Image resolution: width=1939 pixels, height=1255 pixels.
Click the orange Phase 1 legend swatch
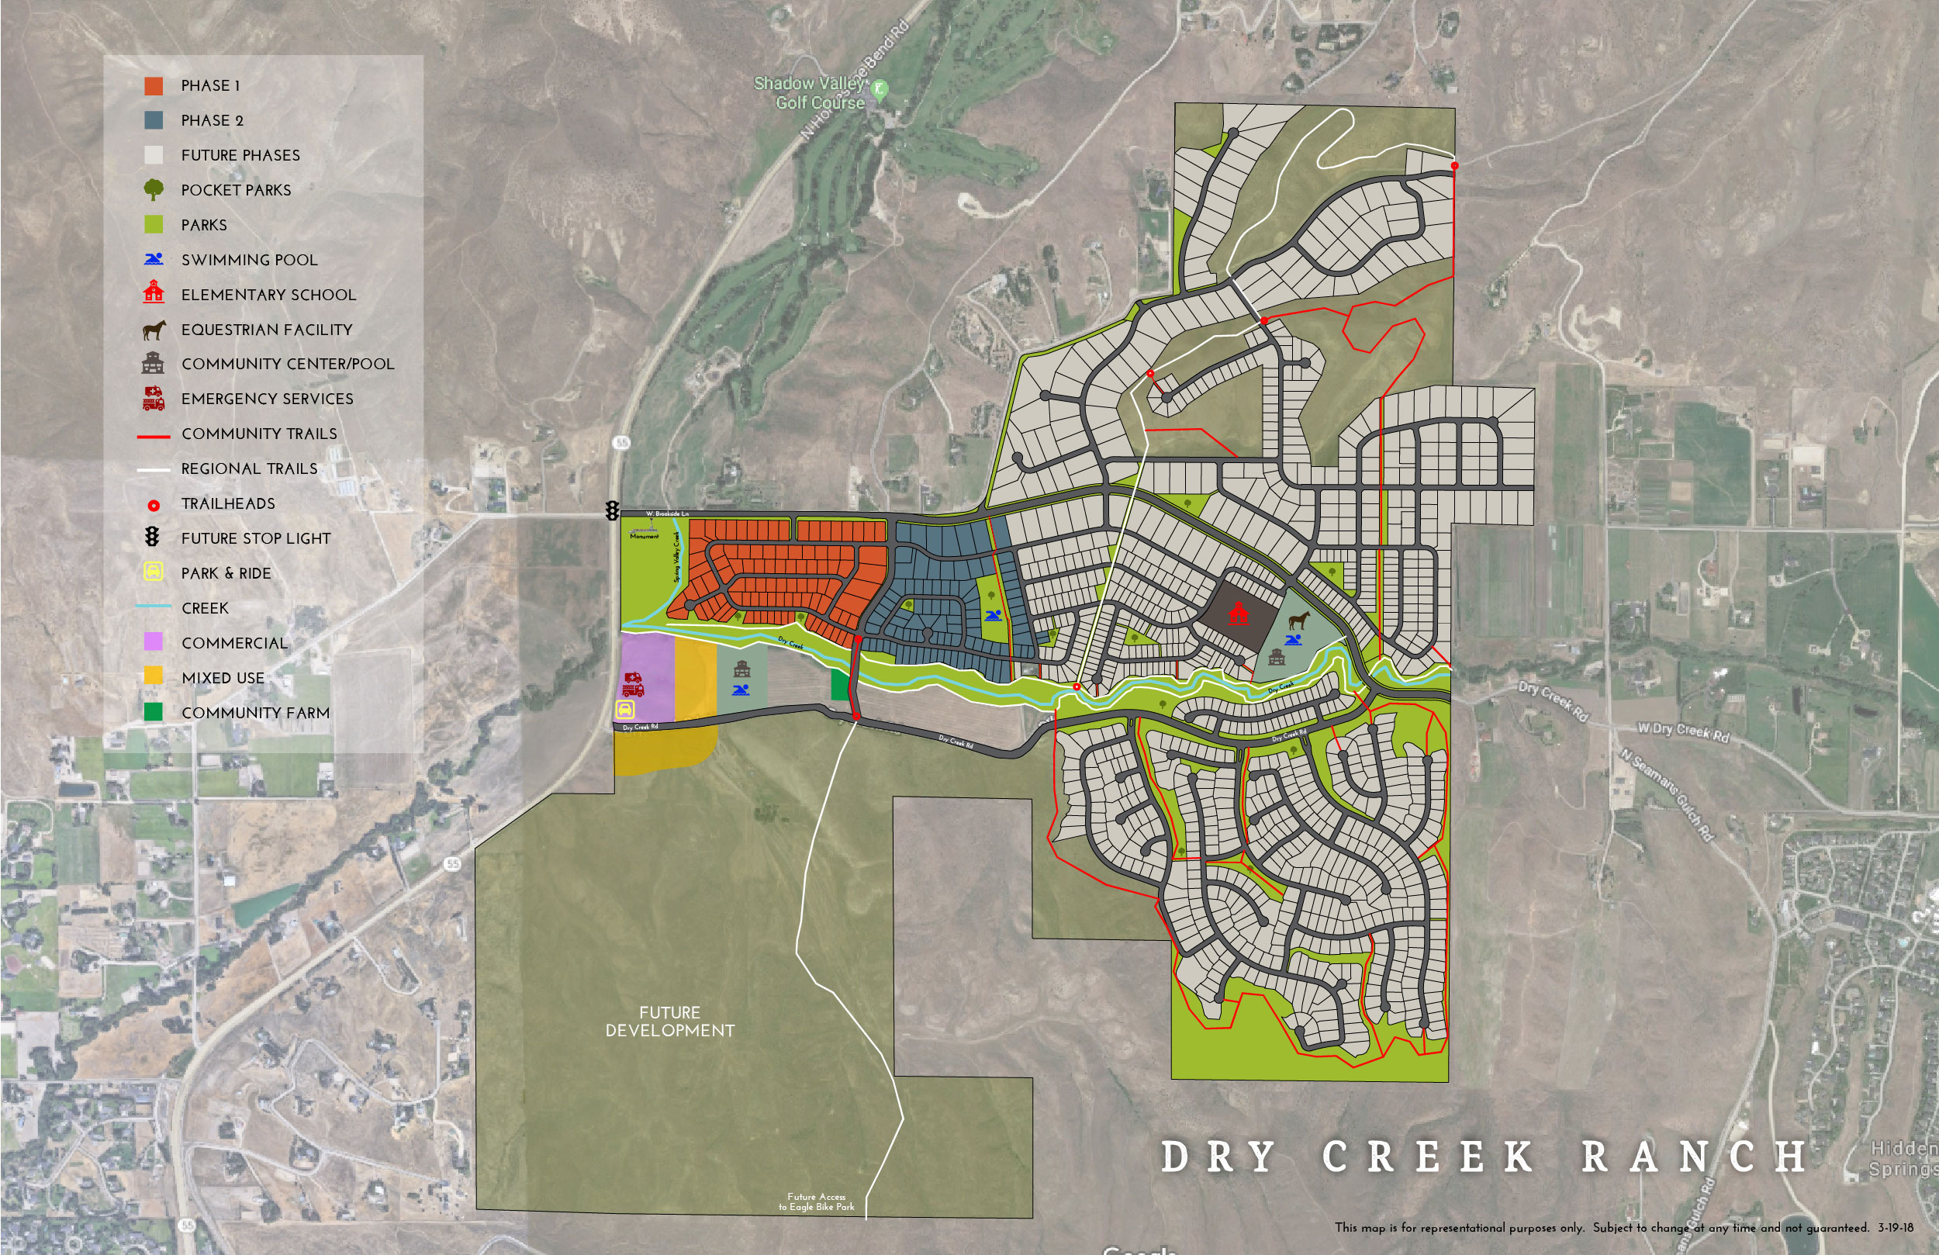[153, 85]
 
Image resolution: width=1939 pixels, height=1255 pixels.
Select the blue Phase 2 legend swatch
[153, 120]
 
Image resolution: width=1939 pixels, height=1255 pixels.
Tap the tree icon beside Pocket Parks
[153, 190]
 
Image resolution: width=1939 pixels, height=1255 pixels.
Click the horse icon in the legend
[153, 329]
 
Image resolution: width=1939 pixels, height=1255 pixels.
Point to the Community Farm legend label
[255, 713]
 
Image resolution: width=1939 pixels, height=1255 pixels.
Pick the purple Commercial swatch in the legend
[153, 642]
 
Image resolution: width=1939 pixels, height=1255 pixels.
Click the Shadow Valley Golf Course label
[808, 93]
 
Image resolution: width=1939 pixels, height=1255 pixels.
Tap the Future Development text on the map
[669, 1021]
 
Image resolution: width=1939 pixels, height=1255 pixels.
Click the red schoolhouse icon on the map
[1238, 614]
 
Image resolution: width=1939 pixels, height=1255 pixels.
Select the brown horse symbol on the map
[1298, 621]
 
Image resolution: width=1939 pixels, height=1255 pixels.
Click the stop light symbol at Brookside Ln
[612, 511]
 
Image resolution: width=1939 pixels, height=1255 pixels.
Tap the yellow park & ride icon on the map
[625, 710]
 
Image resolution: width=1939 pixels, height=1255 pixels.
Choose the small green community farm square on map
[838, 685]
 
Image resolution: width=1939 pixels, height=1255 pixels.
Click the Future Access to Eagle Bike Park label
[817, 1202]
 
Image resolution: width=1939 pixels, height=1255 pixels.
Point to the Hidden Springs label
[1904, 1159]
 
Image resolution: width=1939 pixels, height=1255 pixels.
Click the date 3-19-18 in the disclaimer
[1896, 1227]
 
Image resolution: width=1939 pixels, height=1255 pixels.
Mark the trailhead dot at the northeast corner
[1455, 166]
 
